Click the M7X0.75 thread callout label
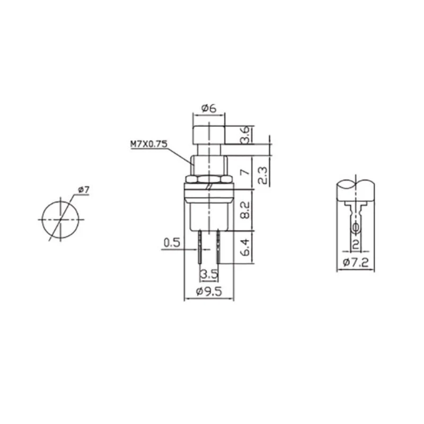[x=149, y=144]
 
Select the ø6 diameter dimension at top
[x=209, y=109]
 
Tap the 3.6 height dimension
[x=244, y=135]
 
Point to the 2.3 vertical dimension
[x=262, y=175]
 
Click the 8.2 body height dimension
[x=245, y=210]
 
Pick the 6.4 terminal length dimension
[x=245, y=247]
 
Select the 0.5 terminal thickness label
[x=172, y=243]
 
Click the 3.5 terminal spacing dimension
[x=209, y=275]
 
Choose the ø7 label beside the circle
[x=84, y=190]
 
